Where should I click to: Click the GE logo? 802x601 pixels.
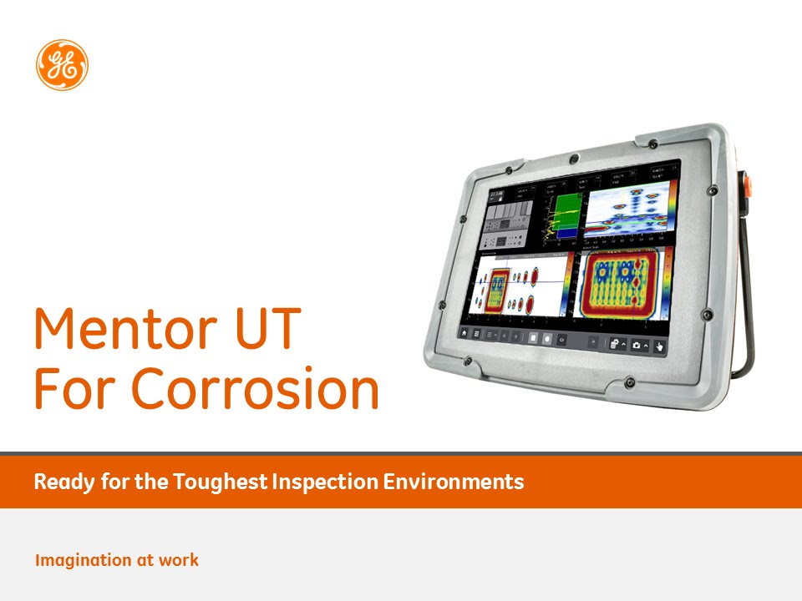[62, 65]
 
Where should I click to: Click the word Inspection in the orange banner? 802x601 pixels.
[322, 482]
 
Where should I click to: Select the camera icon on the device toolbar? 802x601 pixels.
[637, 345]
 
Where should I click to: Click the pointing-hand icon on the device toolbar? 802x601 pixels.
[659, 346]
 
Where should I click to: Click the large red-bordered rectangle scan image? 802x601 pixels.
[617, 283]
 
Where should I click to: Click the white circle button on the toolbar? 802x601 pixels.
[546, 338]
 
